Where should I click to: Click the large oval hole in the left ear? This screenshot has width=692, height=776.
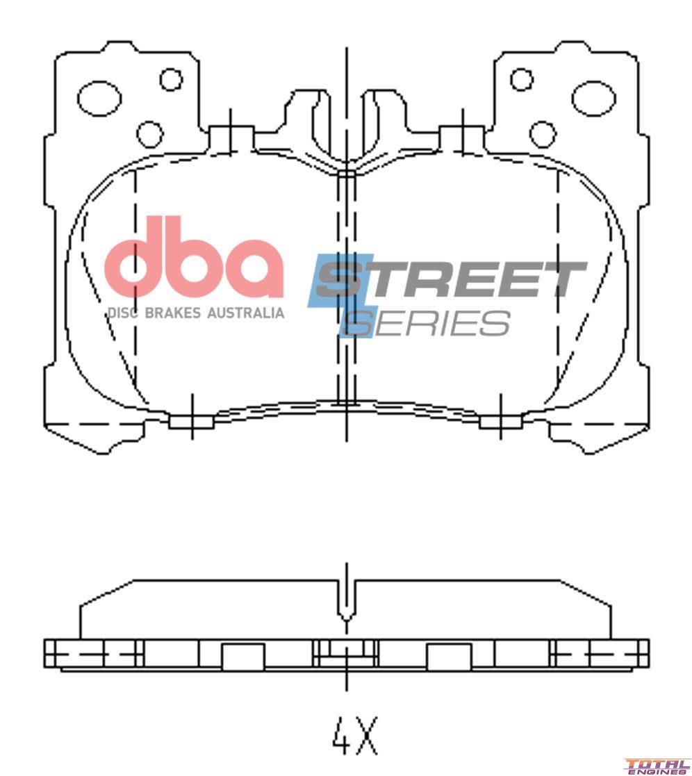(x=99, y=99)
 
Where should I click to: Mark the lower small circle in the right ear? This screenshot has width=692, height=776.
(x=543, y=134)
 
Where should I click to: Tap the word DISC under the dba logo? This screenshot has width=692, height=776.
(x=122, y=313)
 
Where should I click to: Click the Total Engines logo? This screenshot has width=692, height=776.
(x=657, y=765)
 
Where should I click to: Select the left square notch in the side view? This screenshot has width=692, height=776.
(x=242, y=657)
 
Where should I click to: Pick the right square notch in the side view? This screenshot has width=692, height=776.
(x=448, y=657)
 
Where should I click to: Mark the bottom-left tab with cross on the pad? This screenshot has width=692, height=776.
(x=192, y=421)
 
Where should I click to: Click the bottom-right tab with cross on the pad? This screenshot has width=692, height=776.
(x=500, y=421)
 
